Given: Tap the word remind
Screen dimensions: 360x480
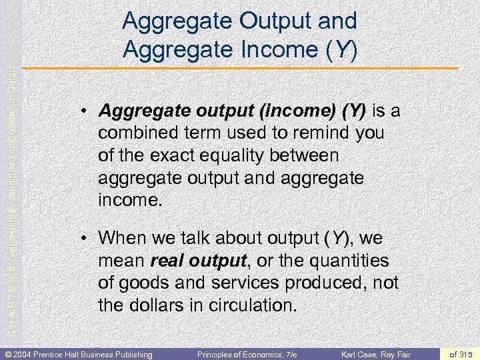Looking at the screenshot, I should tap(320, 133).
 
